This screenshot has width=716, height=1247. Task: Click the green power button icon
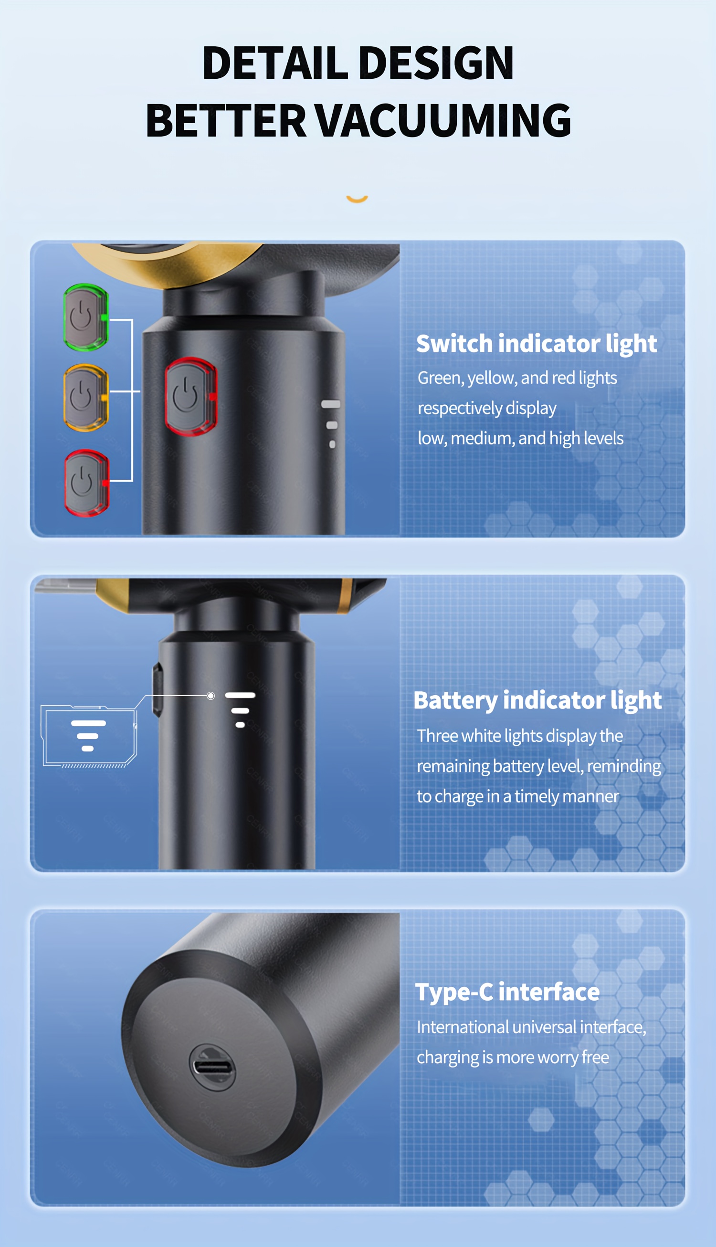click(85, 317)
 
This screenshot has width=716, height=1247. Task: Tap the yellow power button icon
click(85, 397)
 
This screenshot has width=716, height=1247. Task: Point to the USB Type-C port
click(212, 1067)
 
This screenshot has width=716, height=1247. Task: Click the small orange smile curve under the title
click(357, 199)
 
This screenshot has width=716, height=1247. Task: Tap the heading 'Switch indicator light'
click(536, 343)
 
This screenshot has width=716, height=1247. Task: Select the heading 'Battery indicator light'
click(537, 700)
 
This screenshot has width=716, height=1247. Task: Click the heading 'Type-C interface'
click(507, 992)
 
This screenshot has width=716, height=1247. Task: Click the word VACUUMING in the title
click(442, 120)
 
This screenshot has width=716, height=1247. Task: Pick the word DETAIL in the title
click(275, 63)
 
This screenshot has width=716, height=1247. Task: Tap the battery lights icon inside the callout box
click(88, 736)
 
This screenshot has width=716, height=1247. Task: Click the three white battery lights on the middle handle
click(240, 709)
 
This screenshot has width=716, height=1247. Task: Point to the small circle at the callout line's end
click(211, 696)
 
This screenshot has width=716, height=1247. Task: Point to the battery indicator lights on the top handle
click(331, 423)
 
